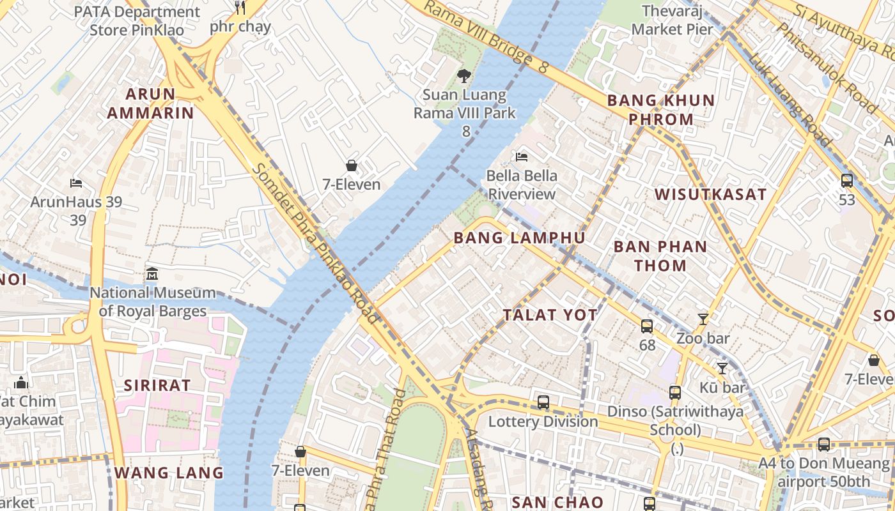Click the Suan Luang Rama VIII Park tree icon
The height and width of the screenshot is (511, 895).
tap(464, 76)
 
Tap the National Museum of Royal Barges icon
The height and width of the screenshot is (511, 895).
tap(152, 274)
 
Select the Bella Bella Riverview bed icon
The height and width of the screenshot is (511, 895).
tap(522, 156)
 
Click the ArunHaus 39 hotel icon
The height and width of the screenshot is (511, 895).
tap(76, 183)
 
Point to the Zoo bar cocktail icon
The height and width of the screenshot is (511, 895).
tap(703, 319)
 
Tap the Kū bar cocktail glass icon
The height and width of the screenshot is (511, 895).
tap(722, 368)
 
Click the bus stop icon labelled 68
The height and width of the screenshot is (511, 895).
tap(647, 326)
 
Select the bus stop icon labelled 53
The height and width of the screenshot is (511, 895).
tap(847, 181)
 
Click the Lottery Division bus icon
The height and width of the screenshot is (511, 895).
tap(543, 402)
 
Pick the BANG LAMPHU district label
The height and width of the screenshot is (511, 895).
tap(519, 238)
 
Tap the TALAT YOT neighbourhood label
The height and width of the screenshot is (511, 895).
tap(550, 315)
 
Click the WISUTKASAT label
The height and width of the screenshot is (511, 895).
tap(710, 195)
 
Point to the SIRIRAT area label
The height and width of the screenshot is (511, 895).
tap(157, 385)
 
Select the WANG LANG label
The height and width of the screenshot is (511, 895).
tap(169, 473)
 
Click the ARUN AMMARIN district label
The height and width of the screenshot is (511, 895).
tap(150, 103)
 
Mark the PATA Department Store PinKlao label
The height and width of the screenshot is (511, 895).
tap(137, 20)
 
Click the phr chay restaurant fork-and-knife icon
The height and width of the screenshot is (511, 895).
tap(240, 7)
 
